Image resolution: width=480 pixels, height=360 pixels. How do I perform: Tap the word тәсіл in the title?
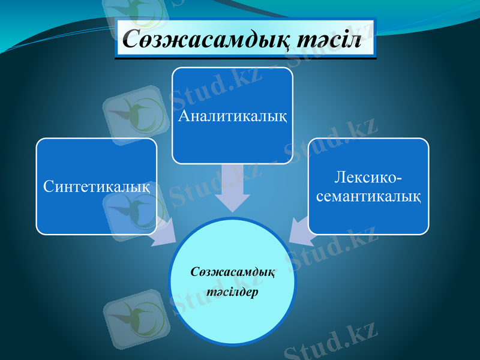coord(332,40)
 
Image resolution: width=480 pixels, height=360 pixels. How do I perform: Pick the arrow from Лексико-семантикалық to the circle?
coord(302,230)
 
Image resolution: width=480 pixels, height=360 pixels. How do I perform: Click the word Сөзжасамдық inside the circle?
coord(233,272)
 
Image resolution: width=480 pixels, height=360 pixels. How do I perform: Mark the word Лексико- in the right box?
coord(368,178)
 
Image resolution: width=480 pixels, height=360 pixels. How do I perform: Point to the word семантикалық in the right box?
coord(368,196)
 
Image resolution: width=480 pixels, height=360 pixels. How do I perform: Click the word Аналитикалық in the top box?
coord(232,115)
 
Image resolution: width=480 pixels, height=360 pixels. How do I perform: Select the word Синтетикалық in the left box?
coord(96,186)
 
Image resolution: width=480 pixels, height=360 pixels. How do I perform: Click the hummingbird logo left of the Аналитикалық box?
coord(133,114)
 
